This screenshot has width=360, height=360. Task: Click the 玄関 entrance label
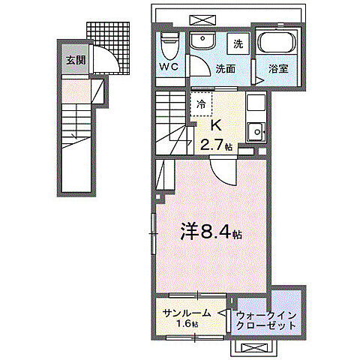pyautogui.click(x=73, y=59)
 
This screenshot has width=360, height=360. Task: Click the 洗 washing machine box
pyautogui.click(x=237, y=43)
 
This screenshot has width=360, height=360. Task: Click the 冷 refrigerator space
pyautogui.click(x=201, y=105)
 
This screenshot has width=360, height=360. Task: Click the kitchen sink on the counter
pyautogui.click(x=257, y=131)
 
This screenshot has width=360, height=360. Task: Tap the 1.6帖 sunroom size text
pyautogui.click(x=188, y=325)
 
